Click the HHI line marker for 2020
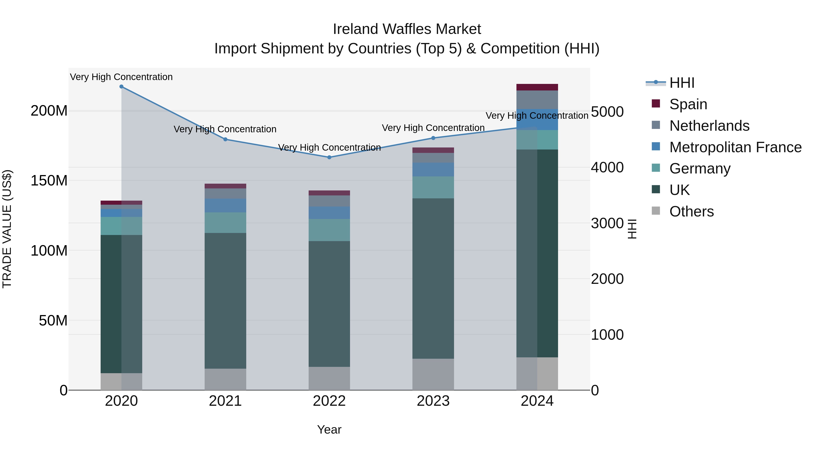click(x=121, y=87)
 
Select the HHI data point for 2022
click(x=329, y=157)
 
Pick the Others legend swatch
click(x=656, y=211)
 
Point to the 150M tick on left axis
click(x=49, y=181)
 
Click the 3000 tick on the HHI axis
click(x=607, y=223)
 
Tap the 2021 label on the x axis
click(x=225, y=401)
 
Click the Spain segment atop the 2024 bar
click(x=537, y=87)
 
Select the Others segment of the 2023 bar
click(x=433, y=374)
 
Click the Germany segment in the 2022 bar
click(x=329, y=230)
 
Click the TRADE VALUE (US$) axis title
click(x=7, y=229)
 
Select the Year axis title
click(x=329, y=430)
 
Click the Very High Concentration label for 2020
click(x=121, y=77)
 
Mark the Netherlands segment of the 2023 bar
click(x=433, y=158)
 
